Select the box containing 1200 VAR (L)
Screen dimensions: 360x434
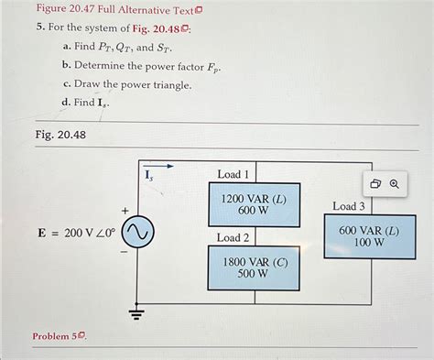pyautogui.click(x=254, y=204)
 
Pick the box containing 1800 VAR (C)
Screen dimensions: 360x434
pyautogui.click(x=254, y=267)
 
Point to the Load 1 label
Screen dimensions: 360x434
pyautogui.click(x=233, y=174)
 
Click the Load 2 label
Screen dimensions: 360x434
pyautogui.click(x=233, y=237)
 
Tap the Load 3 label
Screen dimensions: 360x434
pyautogui.click(x=349, y=206)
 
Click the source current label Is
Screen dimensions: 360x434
pyautogui.click(x=150, y=173)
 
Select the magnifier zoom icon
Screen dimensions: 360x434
pyautogui.click(x=395, y=183)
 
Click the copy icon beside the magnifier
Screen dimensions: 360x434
pyautogui.click(x=375, y=183)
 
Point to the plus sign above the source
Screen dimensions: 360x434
pyautogui.click(x=125, y=211)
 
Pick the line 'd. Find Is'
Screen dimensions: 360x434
pyautogui.click(x=89, y=103)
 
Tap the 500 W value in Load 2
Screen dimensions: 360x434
pyautogui.click(x=254, y=275)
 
